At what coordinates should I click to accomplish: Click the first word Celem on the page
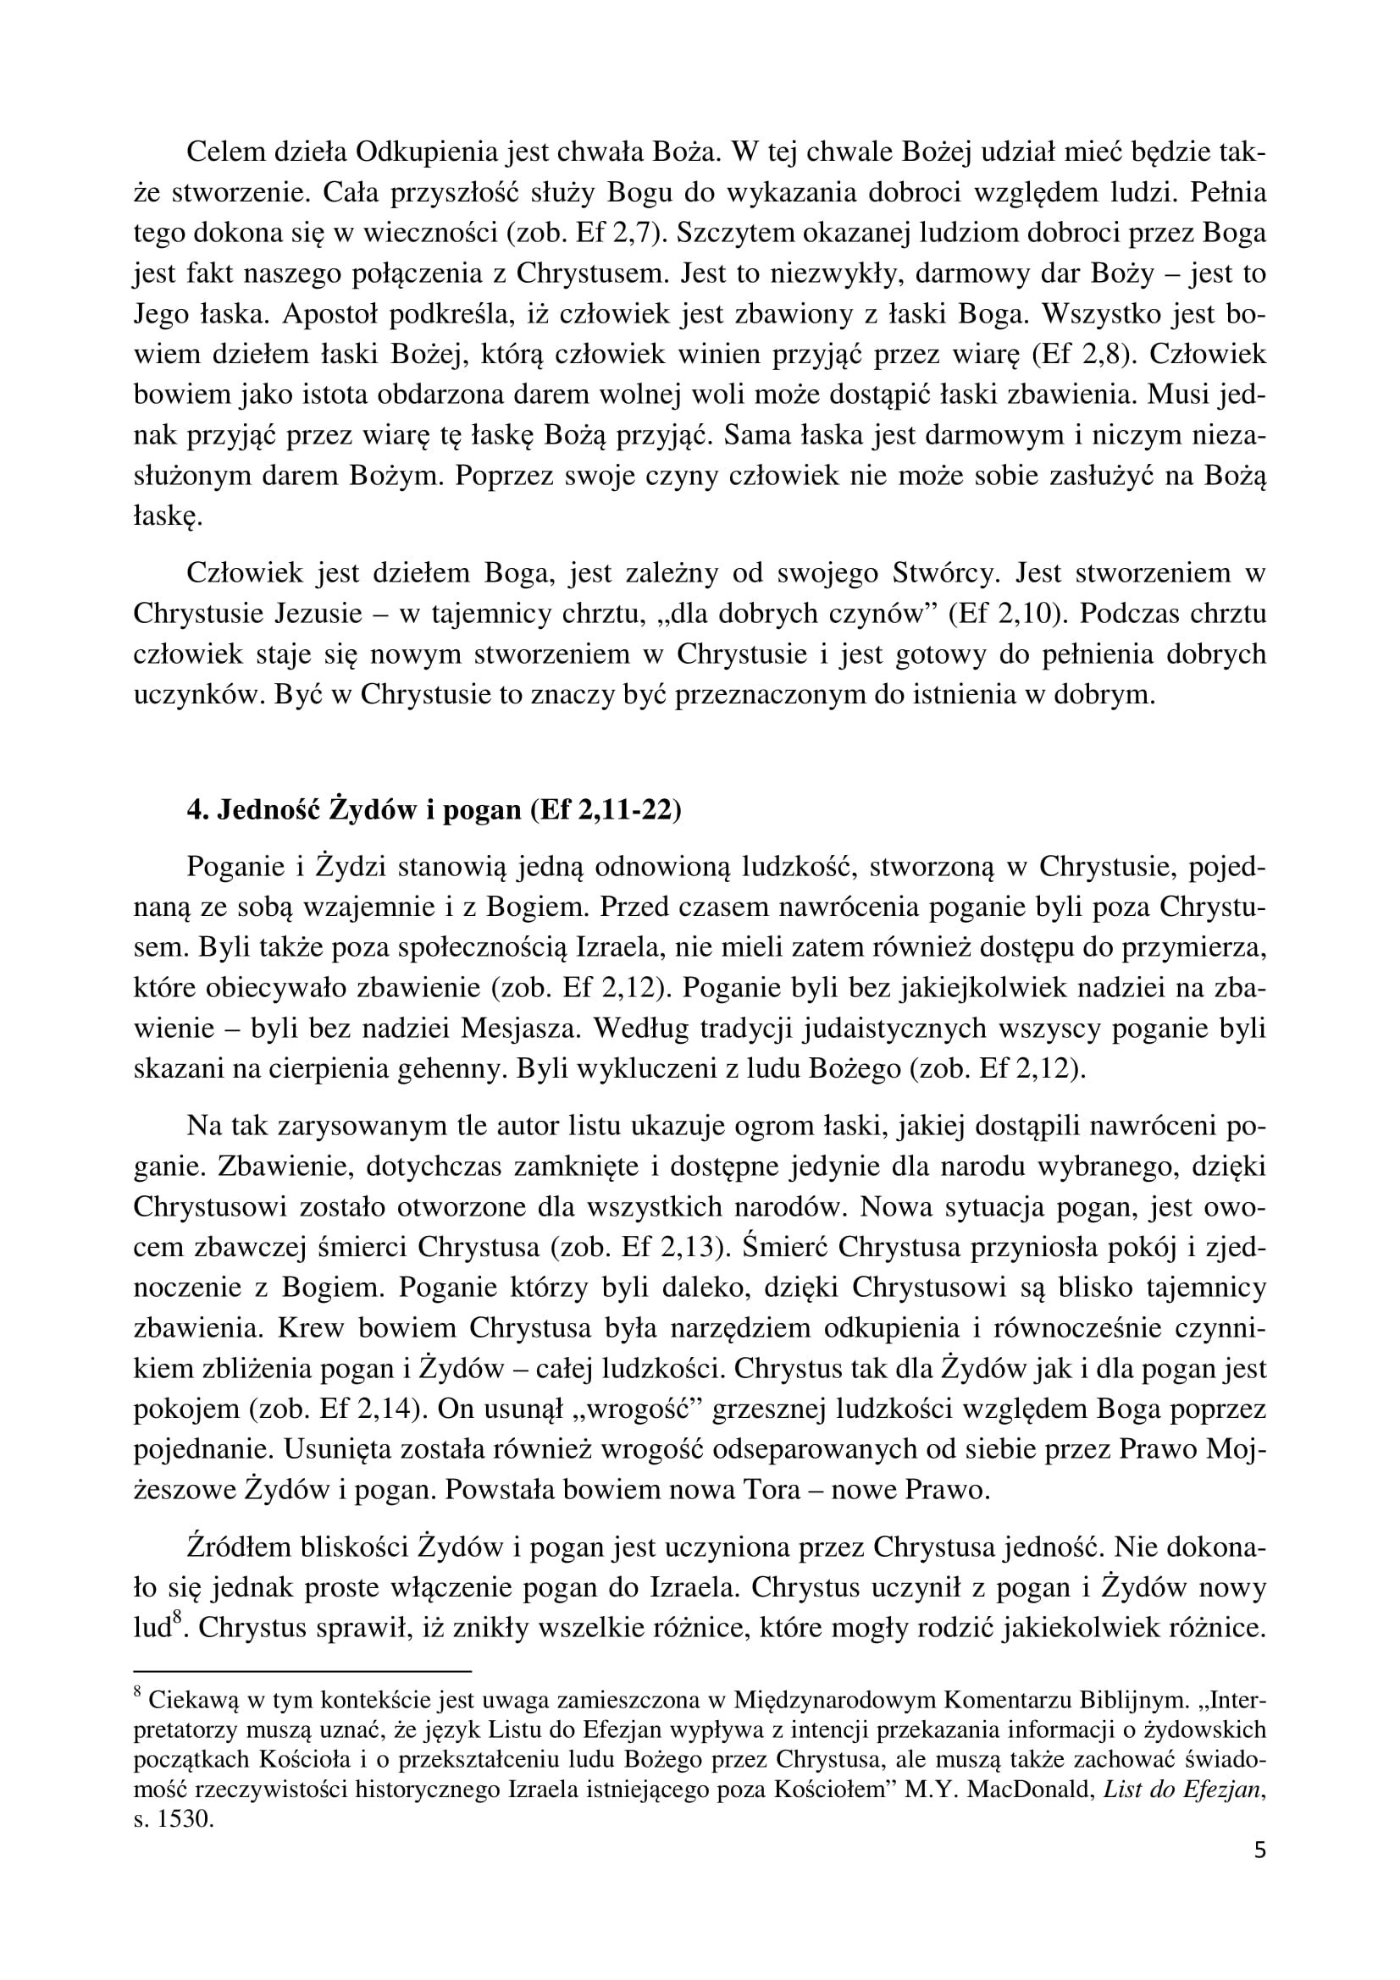(224, 152)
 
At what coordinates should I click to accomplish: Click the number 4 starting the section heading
(194, 812)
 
